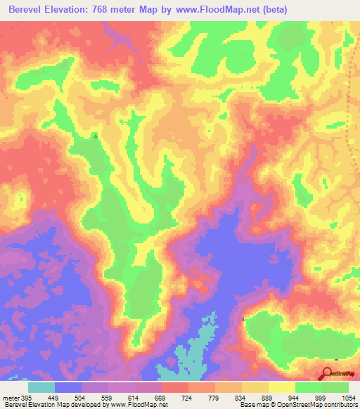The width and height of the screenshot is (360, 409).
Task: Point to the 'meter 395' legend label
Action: (x=17, y=398)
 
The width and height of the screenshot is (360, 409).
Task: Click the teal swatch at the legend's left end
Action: (x=41, y=387)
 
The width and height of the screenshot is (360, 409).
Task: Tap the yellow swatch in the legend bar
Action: (x=281, y=387)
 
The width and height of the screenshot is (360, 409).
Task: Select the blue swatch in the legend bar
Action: (x=68, y=387)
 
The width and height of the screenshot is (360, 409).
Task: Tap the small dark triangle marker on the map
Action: (x=95, y=136)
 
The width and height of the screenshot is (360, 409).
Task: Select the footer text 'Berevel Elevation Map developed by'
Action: (x=49, y=405)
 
